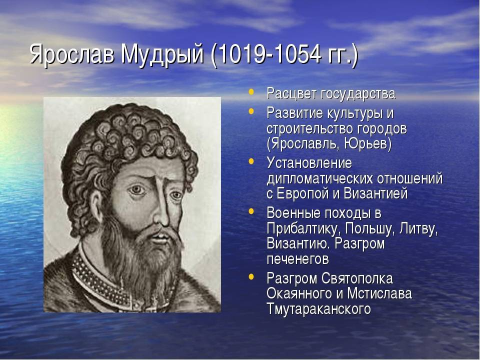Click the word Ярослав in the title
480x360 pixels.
[71, 54]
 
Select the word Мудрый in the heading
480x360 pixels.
[162, 55]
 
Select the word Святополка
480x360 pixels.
[357, 278]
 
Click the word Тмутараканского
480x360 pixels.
[318, 308]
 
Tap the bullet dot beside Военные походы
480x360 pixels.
[251, 211]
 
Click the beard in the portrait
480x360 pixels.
[141, 254]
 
